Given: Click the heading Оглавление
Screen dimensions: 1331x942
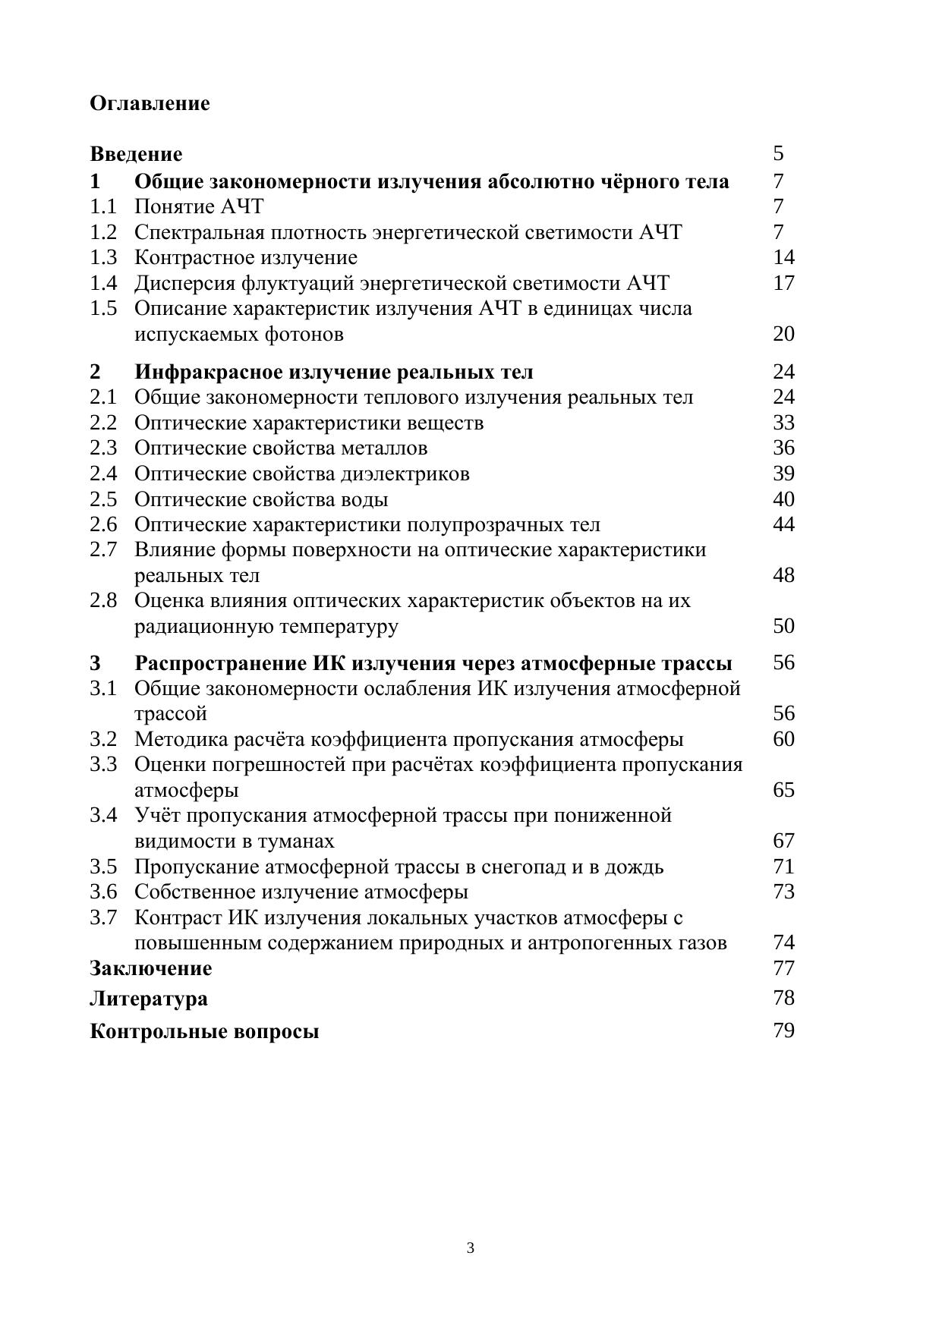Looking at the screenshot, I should (x=150, y=103).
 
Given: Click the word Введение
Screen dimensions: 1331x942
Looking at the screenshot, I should (x=136, y=154).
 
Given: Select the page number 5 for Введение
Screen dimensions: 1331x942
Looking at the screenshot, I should (x=778, y=153).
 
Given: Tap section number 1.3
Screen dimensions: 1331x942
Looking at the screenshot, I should (x=103, y=257).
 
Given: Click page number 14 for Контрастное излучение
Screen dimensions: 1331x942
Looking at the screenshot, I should (x=783, y=257).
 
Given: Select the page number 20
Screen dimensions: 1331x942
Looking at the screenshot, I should (x=783, y=334).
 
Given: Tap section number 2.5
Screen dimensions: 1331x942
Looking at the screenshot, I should (x=103, y=499).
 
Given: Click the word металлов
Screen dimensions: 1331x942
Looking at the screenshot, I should (x=384, y=448).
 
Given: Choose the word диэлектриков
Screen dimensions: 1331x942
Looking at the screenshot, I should (x=405, y=474).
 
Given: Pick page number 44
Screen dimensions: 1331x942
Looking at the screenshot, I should (x=783, y=524).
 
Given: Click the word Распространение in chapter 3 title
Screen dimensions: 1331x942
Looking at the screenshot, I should (x=221, y=663).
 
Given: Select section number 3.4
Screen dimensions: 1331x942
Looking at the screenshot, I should (x=103, y=816).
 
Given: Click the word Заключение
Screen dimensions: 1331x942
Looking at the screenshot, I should (x=150, y=968).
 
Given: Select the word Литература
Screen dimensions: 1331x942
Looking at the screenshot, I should (x=148, y=999).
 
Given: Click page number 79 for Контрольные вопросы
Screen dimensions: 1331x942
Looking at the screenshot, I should (x=783, y=1031).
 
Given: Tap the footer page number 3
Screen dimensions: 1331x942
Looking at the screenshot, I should (x=471, y=1248).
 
